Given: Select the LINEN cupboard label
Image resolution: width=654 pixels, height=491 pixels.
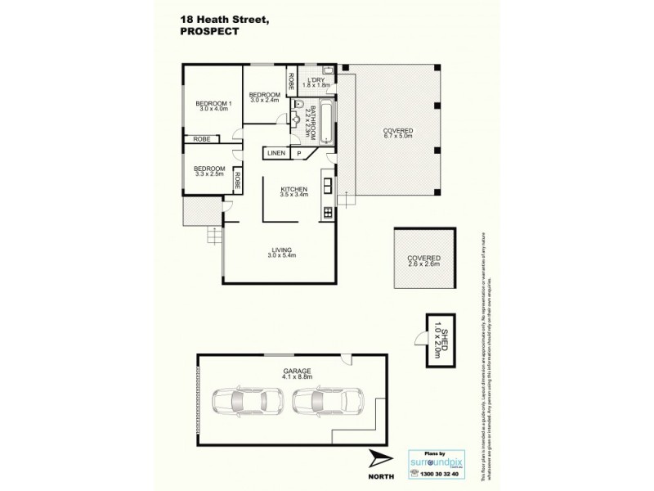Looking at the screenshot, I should [x=275, y=153].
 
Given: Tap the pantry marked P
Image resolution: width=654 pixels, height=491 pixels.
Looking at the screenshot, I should [x=299, y=153].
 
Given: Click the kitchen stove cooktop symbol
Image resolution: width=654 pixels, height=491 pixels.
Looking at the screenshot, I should [x=327, y=213].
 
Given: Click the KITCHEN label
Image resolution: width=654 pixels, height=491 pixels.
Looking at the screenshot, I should [x=292, y=187].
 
